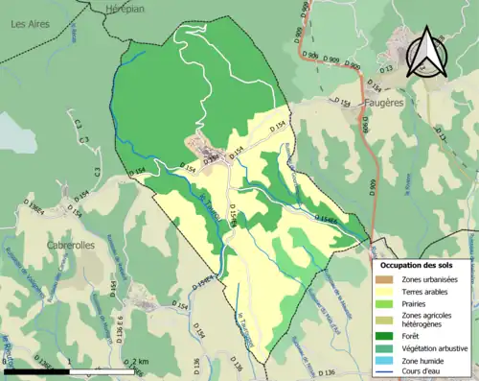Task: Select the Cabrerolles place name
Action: pyautogui.click(x=71, y=245)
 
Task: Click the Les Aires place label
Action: pyautogui.click(x=30, y=26)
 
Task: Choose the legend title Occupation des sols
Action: pyautogui.click(x=422, y=264)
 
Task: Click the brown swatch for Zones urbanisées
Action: pyautogui.click(x=386, y=279)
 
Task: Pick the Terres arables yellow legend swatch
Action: pyautogui.click(x=386, y=294)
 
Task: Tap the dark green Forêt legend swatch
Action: pyautogui.click(x=386, y=336)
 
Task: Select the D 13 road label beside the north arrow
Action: pyautogui.click(x=386, y=69)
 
